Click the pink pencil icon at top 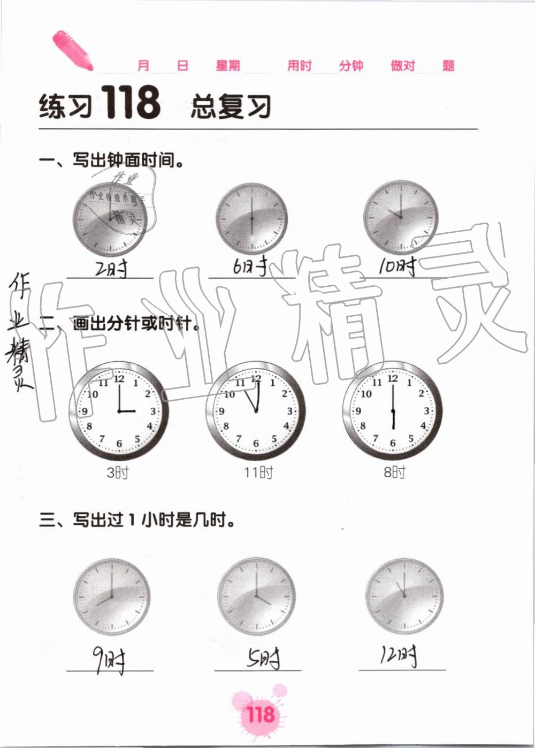tap(72, 50)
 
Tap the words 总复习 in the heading tap(231, 105)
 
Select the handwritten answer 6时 tap(250, 266)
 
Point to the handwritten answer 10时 tap(397, 265)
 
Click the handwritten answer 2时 tap(111, 268)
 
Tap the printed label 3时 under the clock tap(118, 472)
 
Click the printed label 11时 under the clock tap(258, 472)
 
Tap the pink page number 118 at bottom tap(260, 714)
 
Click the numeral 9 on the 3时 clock tap(85, 411)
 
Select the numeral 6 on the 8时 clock tap(393, 443)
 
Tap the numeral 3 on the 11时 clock tap(290, 411)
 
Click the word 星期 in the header tap(228, 66)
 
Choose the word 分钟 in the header tap(351, 66)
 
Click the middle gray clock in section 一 tap(251, 218)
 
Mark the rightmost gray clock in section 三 tap(404, 597)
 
